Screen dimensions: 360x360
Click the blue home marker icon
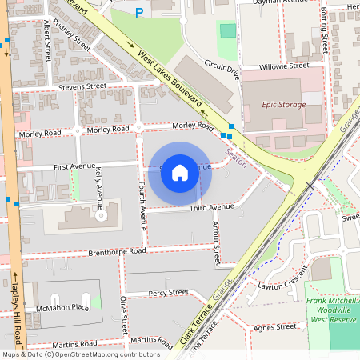[x=179, y=173]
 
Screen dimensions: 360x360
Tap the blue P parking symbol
[x=139, y=13]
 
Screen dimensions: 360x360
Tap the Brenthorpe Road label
[x=117, y=251]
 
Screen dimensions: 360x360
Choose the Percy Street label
[x=168, y=293]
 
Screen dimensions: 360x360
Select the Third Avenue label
[x=211, y=207]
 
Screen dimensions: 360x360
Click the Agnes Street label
[x=274, y=327]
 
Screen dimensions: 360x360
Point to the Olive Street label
[x=124, y=315]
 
